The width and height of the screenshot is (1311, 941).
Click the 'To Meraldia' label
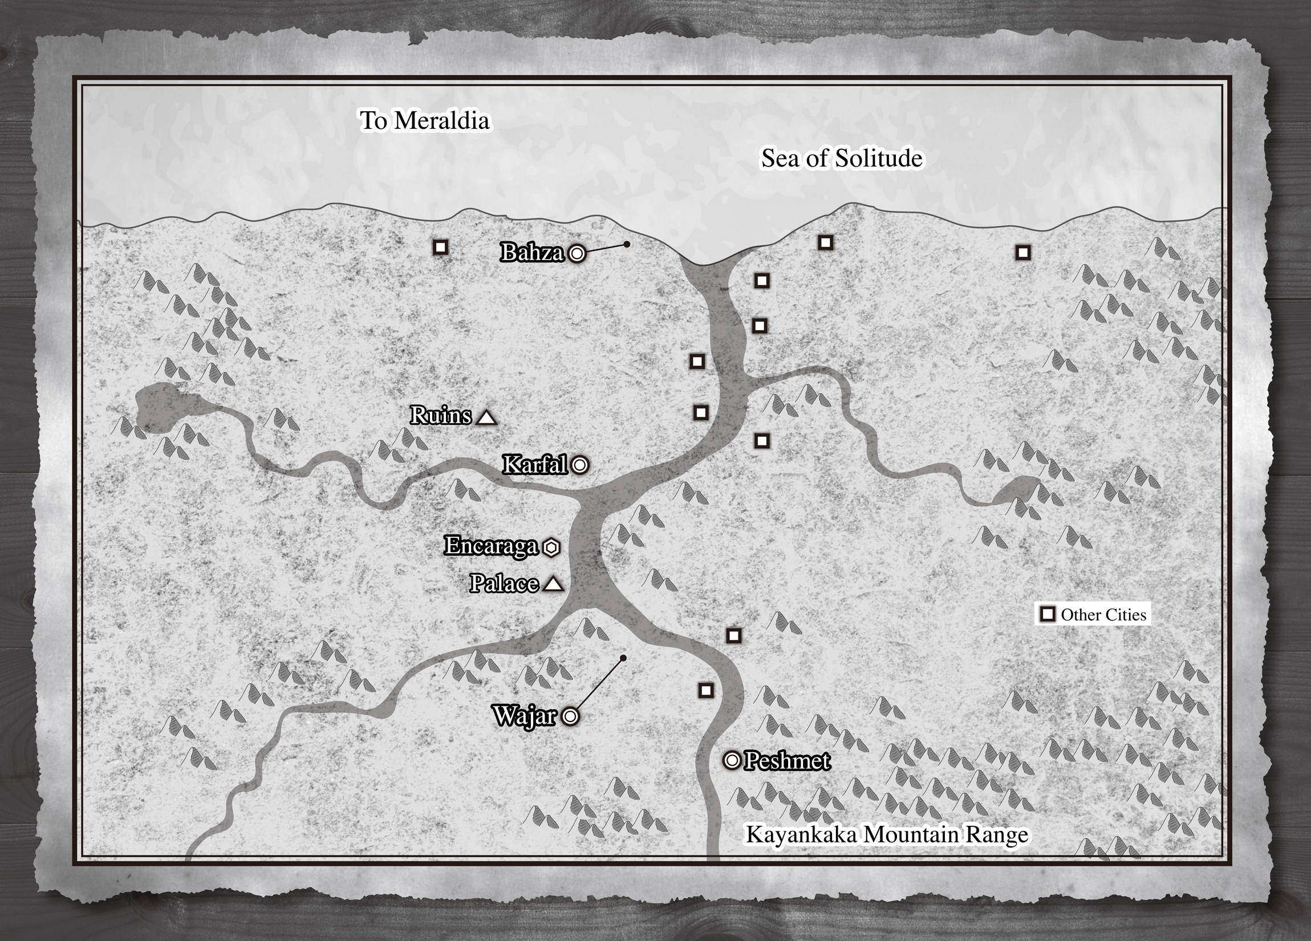tap(425, 121)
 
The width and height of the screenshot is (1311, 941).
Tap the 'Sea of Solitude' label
tap(842, 159)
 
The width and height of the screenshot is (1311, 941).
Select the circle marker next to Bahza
tap(577, 253)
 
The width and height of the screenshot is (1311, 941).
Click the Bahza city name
tap(532, 253)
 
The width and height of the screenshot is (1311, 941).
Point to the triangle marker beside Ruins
tap(487, 417)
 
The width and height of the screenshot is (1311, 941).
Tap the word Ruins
tap(441, 416)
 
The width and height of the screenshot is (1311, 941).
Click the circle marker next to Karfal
tap(580, 465)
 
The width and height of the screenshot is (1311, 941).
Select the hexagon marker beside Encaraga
tap(551, 547)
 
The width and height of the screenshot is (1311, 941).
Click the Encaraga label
tap(492, 546)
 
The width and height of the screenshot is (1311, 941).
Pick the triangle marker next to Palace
tap(554, 585)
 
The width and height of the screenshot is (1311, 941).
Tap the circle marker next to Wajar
tap(570, 717)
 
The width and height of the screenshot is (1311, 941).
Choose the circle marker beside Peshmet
tap(732, 761)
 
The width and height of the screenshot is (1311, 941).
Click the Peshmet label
tap(788, 761)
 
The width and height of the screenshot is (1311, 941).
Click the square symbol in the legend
tap(1048, 614)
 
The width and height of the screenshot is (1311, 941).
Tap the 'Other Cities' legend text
tap(1103, 615)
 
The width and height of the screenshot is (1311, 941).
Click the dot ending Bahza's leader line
tap(627, 245)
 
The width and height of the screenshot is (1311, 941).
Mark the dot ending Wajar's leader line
tap(623, 658)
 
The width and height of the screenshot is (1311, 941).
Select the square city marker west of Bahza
tap(440, 248)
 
